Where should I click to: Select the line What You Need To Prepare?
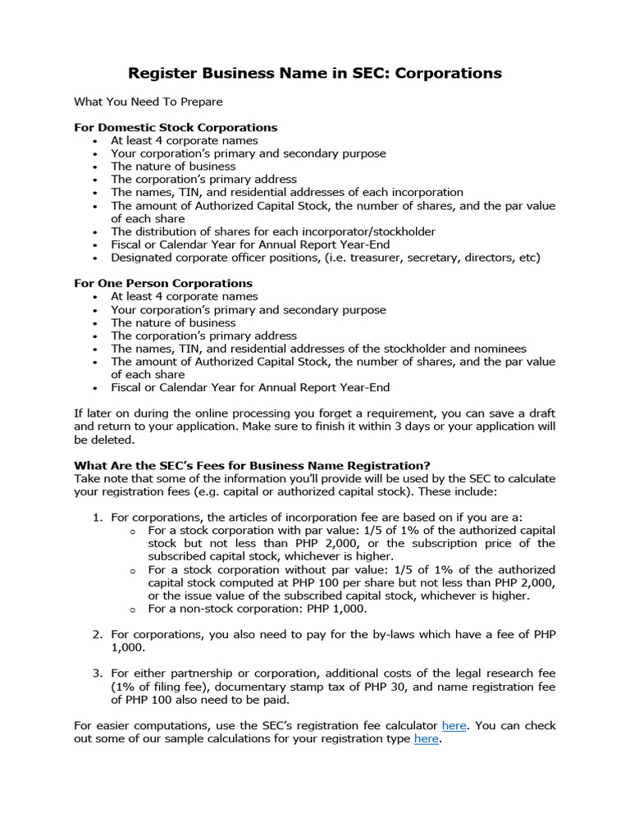pyautogui.click(x=148, y=102)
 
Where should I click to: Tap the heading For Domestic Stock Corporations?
pyautogui.click(x=176, y=127)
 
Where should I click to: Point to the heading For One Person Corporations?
pyautogui.click(x=163, y=283)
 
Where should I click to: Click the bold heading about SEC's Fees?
pyautogui.click(x=252, y=465)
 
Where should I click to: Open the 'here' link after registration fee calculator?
pyautogui.click(x=454, y=725)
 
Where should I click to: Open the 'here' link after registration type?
pyautogui.click(x=427, y=738)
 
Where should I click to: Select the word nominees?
pyautogui.click(x=499, y=349)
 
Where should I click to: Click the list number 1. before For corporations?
pyautogui.click(x=96, y=517)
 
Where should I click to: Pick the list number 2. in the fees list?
pyautogui.click(x=96, y=634)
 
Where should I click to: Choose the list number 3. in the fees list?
pyautogui.click(x=96, y=673)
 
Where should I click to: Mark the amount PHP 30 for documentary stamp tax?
pyautogui.click(x=361, y=687)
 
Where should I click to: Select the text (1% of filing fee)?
pyautogui.click(x=163, y=687)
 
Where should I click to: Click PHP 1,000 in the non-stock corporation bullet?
pyautogui.click(x=337, y=609)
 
